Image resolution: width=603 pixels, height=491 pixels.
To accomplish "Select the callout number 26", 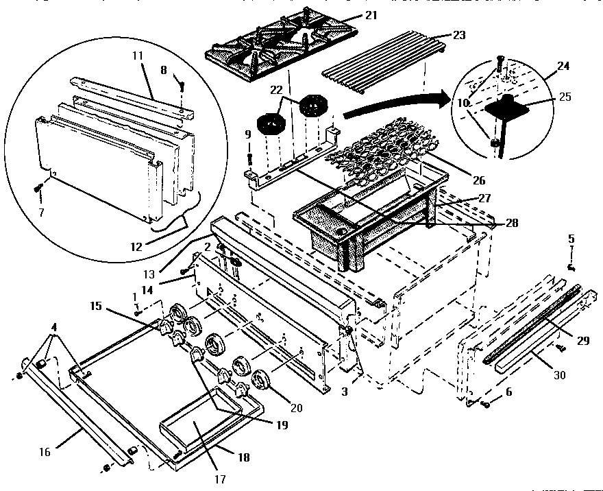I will pyautogui.click(x=478, y=181).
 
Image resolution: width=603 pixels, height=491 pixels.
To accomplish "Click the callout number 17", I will pyautogui.click(x=220, y=479).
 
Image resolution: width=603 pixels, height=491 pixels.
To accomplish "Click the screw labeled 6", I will pyautogui.click(x=487, y=405).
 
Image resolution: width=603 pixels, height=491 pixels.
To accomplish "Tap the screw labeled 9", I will pyautogui.click(x=250, y=158).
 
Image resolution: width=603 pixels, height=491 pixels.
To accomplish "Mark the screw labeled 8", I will pyautogui.click(x=180, y=86).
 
